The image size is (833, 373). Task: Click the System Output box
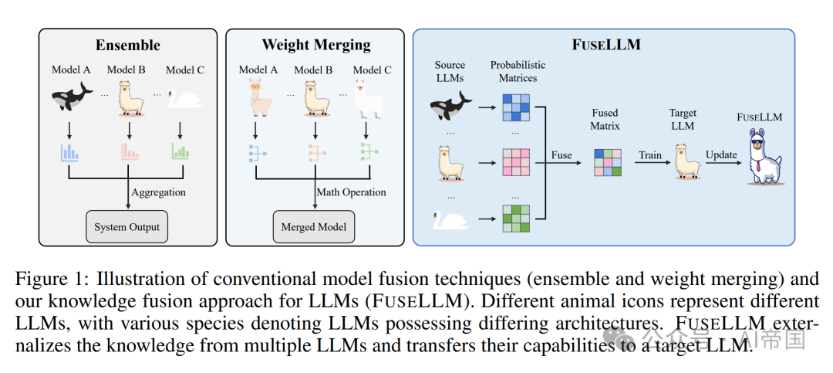[x=126, y=227]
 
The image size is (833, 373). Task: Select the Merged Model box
[x=313, y=227]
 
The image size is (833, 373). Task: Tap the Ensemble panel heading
[x=127, y=46]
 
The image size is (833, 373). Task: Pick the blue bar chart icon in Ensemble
[x=71, y=152]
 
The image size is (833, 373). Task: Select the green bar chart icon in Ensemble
[x=181, y=152]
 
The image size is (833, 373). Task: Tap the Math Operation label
[x=352, y=192]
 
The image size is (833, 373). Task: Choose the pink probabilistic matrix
[x=518, y=164]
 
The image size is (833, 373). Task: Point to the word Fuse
[x=562, y=155]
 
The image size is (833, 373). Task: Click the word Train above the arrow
[x=650, y=155]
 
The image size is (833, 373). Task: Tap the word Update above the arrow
[x=720, y=155]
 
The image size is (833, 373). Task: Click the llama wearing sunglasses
[x=759, y=160]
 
